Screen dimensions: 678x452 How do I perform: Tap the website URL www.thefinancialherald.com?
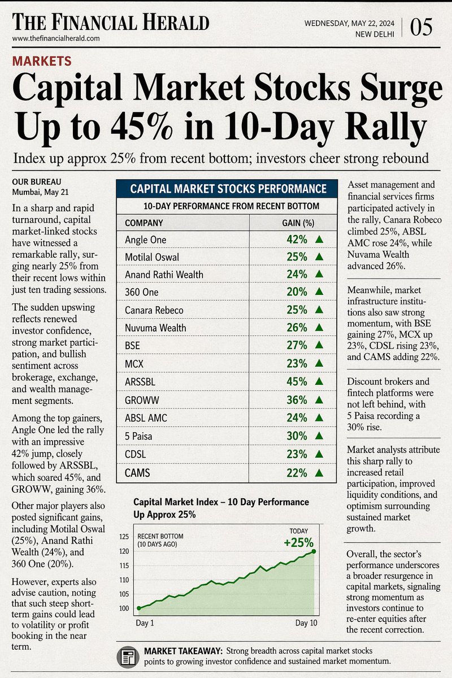pos(56,38)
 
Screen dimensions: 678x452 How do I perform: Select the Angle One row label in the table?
pos(145,240)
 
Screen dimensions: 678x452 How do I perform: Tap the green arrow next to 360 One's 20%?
pos(319,292)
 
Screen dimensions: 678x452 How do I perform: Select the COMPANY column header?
pos(144,223)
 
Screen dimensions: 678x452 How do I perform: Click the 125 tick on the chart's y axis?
pos(124,536)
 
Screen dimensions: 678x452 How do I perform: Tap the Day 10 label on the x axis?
pos(306,623)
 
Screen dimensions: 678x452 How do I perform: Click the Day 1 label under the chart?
pos(144,623)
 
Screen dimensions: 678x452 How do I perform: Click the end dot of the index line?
pos(313,551)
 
